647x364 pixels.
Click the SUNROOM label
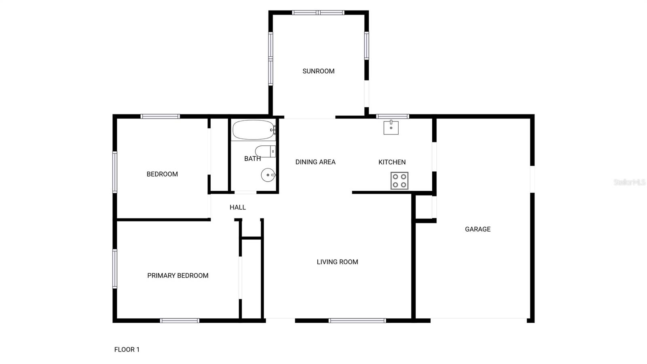[x=318, y=71]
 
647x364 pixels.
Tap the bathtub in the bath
[x=254, y=130]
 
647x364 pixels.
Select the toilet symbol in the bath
[x=266, y=151]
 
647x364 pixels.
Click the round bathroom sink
[x=268, y=175]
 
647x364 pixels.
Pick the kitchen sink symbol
[x=391, y=128]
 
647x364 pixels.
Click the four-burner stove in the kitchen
[x=400, y=181]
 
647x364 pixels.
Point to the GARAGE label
[x=478, y=229]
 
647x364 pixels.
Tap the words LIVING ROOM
[x=337, y=262]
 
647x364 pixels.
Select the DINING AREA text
[x=315, y=162]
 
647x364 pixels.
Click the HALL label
[x=238, y=207]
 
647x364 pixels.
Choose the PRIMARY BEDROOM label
[x=178, y=276]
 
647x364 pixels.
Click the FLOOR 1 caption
[x=127, y=349]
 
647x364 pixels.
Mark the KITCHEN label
[x=392, y=162]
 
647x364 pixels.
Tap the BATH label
[x=252, y=159]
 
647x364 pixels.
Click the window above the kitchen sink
[x=392, y=117]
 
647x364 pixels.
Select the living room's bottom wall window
[x=357, y=321]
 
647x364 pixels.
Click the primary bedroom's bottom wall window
[x=180, y=321]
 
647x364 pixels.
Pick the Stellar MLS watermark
[x=629, y=182]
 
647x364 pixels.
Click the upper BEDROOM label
[x=162, y=174]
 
